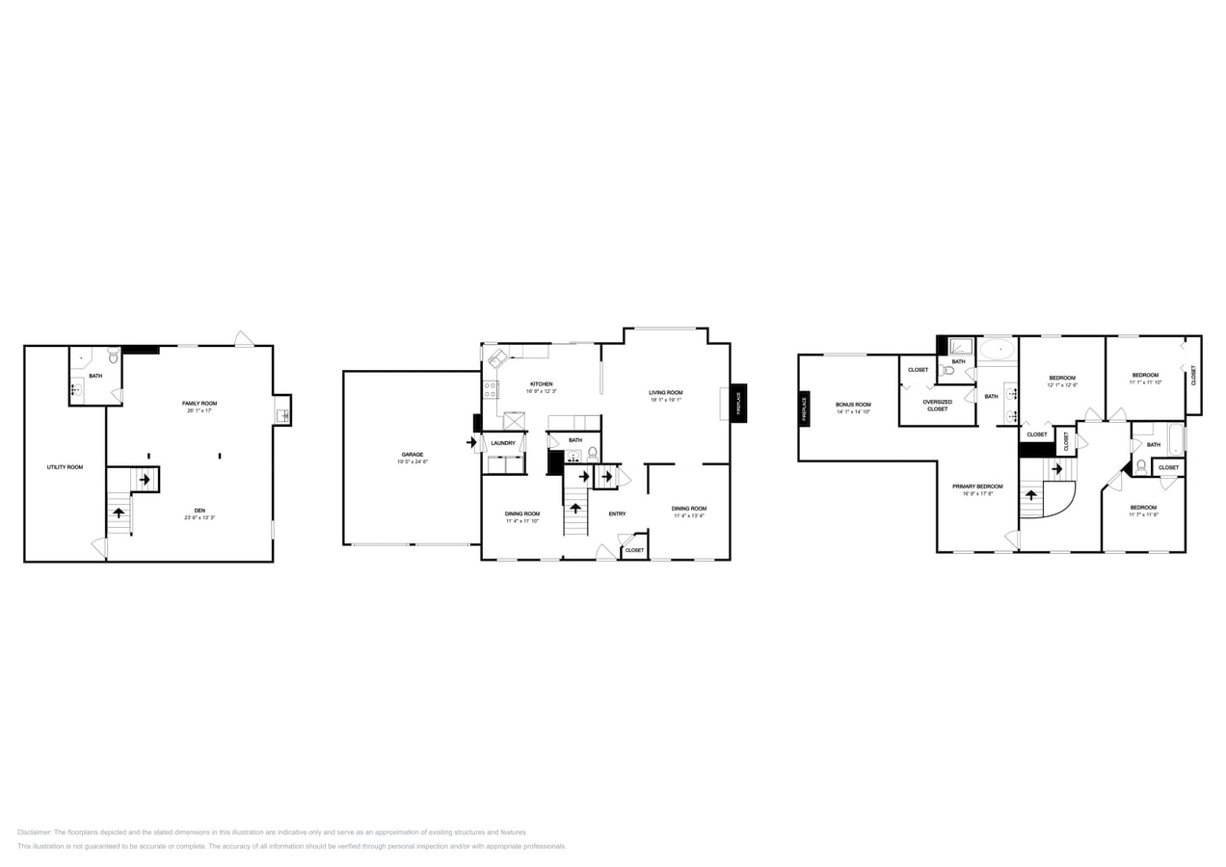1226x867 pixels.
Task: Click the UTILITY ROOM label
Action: pyautogui.click(x=65, y=467)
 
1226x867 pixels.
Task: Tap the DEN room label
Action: pyautogui.click(x=200, y=511)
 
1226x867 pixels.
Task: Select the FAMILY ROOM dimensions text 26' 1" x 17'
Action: pyautogui.click(x=200, y=410)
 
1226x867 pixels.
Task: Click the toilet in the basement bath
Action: pyautogui.click(x=113, y=356)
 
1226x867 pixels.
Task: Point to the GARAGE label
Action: pyautogui.click(x=413, y=454)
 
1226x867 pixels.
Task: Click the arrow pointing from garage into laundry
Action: pyautogui.click(x=471, y=442)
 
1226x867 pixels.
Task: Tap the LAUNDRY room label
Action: pyautogui.click(x=503, y=443)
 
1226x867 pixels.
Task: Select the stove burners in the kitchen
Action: pyautogui.click(x=491, y=390)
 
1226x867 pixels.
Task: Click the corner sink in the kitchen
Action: pyautogui.click(x=497, y=359)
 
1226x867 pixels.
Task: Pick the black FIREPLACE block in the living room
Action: pyautogui.click(x=738, y=403)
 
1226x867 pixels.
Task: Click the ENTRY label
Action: pyautogui.click(x=617, y=513)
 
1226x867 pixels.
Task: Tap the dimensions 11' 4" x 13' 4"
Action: pyautogui.click(x=689, y=515)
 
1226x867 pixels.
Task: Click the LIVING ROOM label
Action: pyautogui.click(x=665, y=392)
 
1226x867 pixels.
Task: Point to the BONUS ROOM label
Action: pyautogui.click(x=853, y=405)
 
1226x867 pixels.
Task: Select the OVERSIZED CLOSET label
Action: pyautogui.click(x=937, y=406)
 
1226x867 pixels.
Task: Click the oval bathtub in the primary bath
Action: pyautogui.click(x=998, y=349)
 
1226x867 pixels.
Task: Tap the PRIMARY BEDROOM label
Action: pyautogui.click(x=977, y=486)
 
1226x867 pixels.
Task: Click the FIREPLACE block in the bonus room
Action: pyautogui.click(x=804, y=408)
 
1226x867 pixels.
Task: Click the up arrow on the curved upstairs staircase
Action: pyautogui.click(x=1030, y=495)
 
